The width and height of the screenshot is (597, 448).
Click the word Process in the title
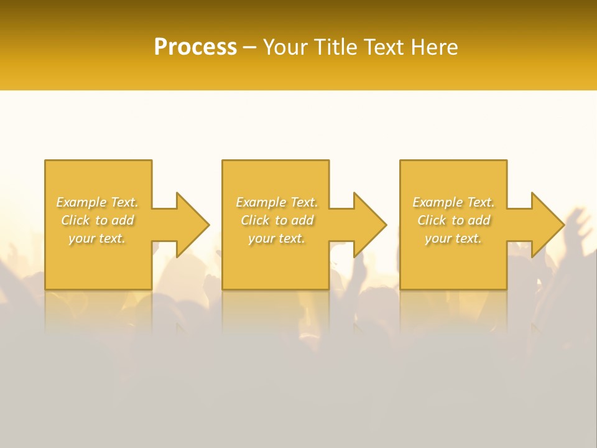(x=195, y=47)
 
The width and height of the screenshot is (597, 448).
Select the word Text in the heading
(x=385, y=47)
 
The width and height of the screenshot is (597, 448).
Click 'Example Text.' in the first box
(x=98, y=202)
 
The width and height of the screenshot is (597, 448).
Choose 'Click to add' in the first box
(x=98, y=220)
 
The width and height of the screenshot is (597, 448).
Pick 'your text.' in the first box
(x=98, y=238)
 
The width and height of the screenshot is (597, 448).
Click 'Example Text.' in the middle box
(x=277, y=202)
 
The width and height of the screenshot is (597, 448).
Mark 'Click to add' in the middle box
(x=277, y=220)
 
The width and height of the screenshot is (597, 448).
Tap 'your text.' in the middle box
(x=277, y=238)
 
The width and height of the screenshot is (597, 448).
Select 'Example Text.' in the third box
(x=453, y=202)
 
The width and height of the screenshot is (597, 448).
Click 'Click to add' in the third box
(x=453, y=220)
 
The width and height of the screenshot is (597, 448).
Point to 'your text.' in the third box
(x=453, y=238)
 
